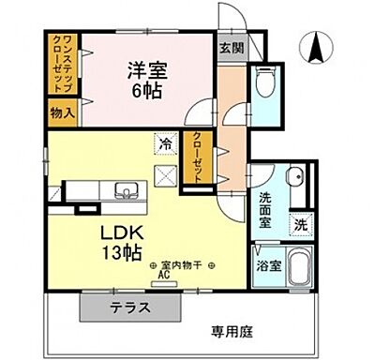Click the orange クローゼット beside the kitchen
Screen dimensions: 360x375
(197, 160)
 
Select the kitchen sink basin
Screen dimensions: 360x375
(126, 192)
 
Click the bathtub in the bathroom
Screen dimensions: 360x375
(299, 269)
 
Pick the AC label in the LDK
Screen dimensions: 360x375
(162, 277)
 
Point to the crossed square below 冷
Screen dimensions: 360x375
(165, 173)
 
